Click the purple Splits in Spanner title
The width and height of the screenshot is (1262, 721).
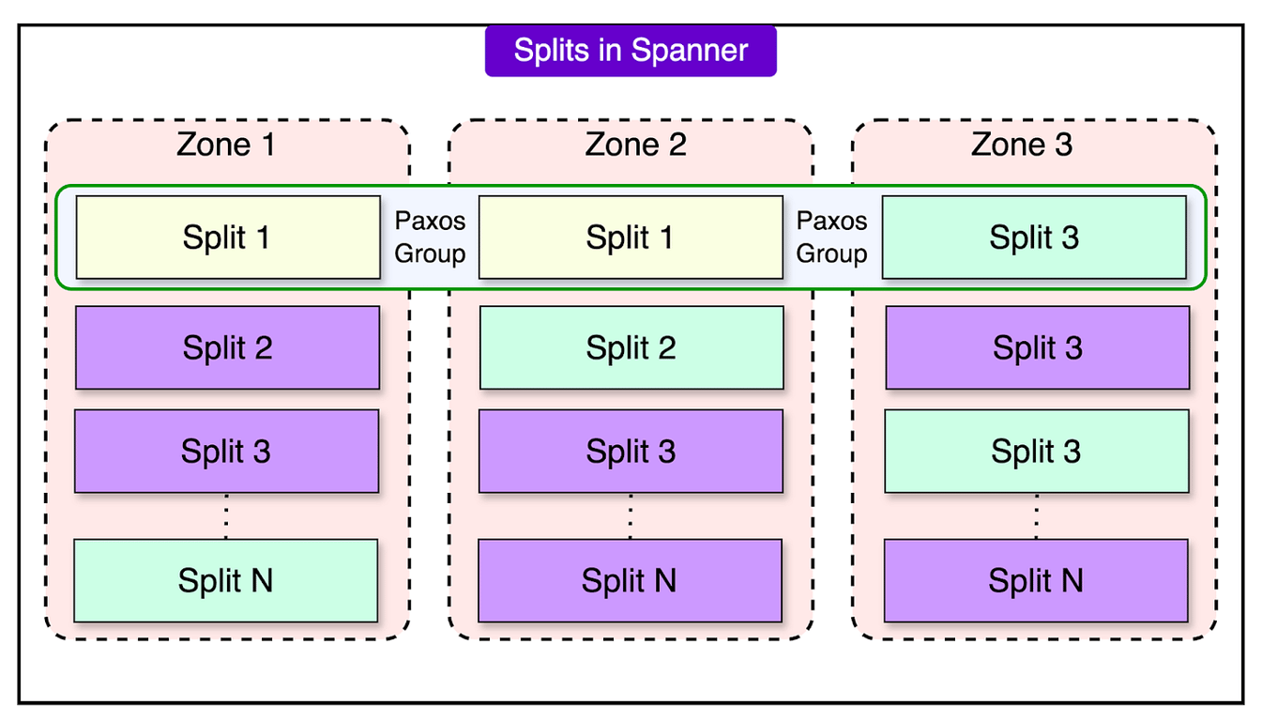click(x=631, y=51)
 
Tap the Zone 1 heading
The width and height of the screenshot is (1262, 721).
click(x=226, y=145)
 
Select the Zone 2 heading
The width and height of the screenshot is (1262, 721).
click(x=635, y=145)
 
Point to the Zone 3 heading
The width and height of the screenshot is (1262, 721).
click(x=1022, y=145)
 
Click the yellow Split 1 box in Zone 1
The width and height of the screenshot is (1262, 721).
click(x=228, y=238)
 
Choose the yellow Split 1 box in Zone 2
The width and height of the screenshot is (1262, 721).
click(x=631, y=238)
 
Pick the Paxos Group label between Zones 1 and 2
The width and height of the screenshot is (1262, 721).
click(x=430, y=238)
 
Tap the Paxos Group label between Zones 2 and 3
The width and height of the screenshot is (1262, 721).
click(x=831, y=238)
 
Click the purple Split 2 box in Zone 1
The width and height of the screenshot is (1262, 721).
click(x=228, y=347)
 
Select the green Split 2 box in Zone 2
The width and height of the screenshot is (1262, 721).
click(x=631, y=347)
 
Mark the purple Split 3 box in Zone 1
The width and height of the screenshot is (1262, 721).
click(x=227, y=452)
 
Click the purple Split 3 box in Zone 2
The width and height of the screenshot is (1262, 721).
click(x=631, y=452)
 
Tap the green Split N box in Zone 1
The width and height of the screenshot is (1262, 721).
click(x=226, y=580)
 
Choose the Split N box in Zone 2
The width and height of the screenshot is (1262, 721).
click(x=630, y=580)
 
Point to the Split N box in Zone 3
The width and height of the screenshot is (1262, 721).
click(x=1036, y=580)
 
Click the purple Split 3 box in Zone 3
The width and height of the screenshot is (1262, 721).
click(x=1038, y=347)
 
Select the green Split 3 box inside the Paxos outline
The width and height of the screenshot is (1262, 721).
click(x=1034, y=238)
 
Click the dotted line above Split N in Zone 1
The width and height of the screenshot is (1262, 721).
click(x=226, y=516)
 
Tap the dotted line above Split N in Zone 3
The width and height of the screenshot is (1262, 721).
click(x=1036, y=516)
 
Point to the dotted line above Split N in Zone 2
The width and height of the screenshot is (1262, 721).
click(x=630, y=516)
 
